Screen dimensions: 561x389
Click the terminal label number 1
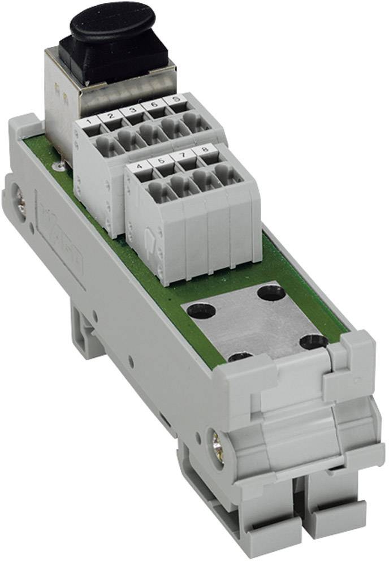tap(88, 121)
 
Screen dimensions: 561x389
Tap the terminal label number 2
tap(111, 116)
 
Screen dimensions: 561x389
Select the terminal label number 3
tap(132, 110)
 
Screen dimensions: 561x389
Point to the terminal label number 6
tap(153, 105)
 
